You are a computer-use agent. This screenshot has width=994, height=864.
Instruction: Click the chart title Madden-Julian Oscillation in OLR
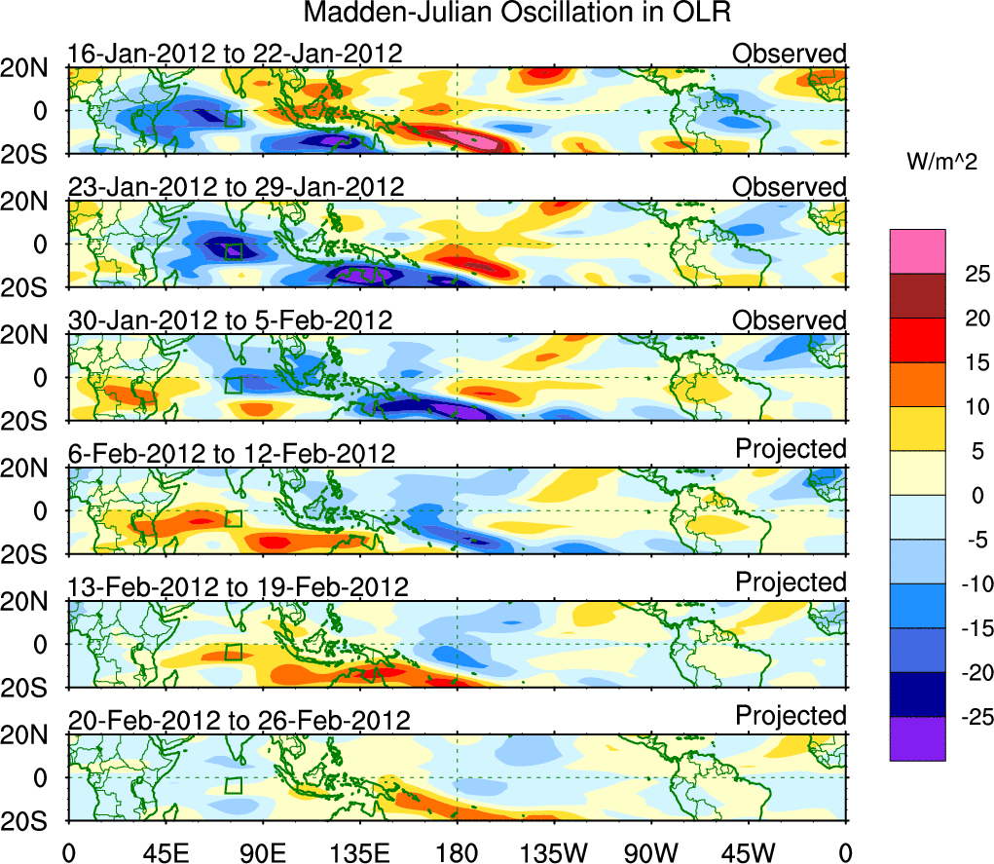tap(517, 14)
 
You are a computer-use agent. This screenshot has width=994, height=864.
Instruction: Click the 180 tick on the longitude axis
tap(457, 852)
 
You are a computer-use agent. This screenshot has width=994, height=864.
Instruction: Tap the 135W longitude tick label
tap(554, 852)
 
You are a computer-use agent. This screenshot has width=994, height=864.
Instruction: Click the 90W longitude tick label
tap(650, 852)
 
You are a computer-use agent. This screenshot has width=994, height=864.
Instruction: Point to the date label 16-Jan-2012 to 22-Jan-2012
tap(234, 53)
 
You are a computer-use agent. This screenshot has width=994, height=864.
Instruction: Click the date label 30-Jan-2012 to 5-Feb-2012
tap(230, 319)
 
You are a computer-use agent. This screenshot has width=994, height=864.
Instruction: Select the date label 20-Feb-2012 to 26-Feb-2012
tap(239, 720)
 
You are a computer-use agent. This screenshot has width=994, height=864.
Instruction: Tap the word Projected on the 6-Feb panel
tap(791, 449)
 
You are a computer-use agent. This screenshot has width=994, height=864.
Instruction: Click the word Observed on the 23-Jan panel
tap(790, 186)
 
